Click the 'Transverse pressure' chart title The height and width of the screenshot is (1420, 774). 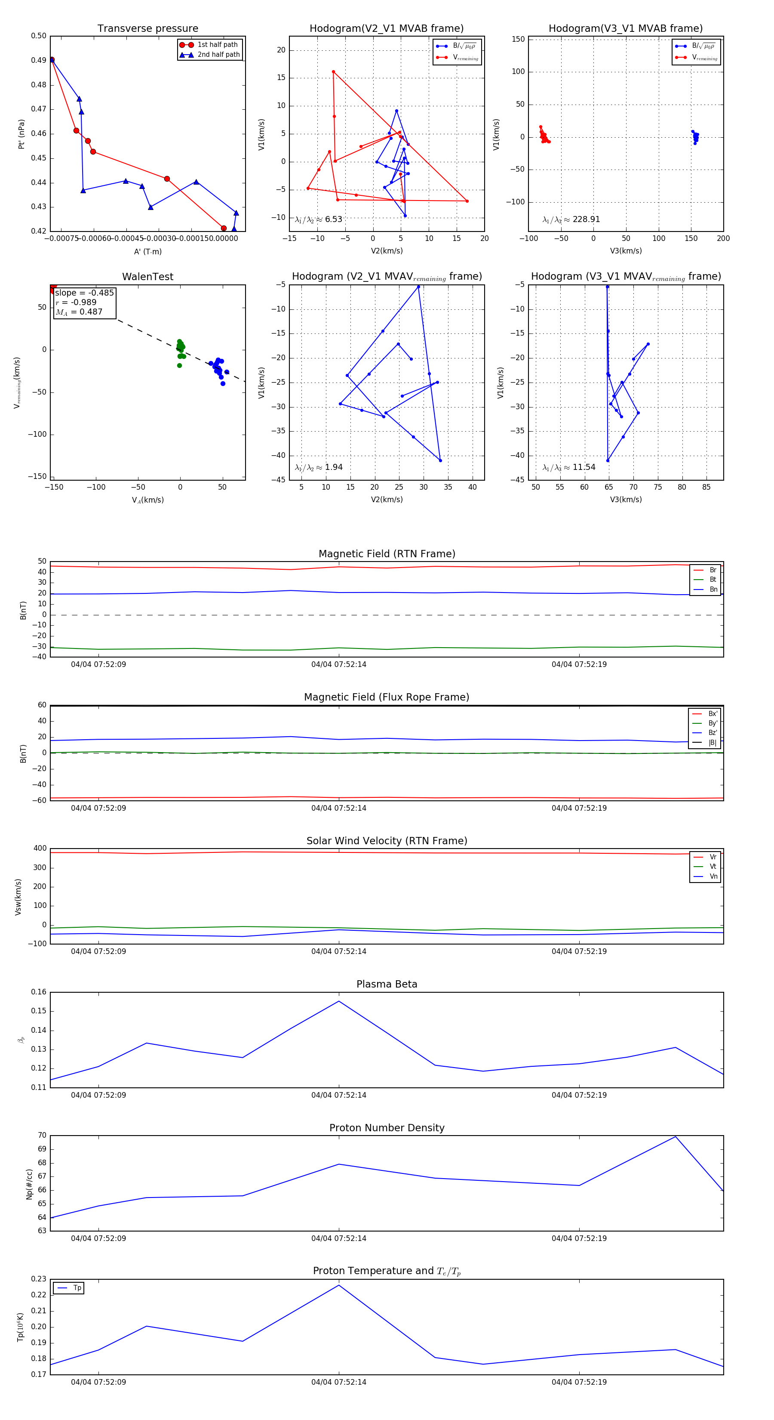(147, 29)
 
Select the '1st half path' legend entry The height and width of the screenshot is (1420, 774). (217, 45)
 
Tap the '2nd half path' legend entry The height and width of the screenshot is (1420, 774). (218, 55)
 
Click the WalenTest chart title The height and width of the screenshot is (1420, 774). (147, 277)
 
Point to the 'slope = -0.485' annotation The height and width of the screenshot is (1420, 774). (84, 293)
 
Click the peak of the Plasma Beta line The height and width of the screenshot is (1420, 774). (339, 1001)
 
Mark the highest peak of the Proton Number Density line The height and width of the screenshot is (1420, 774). (676, 1137)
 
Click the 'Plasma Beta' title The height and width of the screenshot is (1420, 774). (387, 984)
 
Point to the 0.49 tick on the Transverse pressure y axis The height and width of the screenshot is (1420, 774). (39, 60)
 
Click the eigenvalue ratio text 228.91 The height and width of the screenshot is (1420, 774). (586, 219)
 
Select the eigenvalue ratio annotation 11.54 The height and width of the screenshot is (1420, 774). (584, 467)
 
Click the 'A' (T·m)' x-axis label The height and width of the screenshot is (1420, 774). (147, 251)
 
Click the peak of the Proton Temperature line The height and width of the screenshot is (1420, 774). (339, 1285)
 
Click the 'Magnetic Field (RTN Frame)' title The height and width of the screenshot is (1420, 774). (387, 554)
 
